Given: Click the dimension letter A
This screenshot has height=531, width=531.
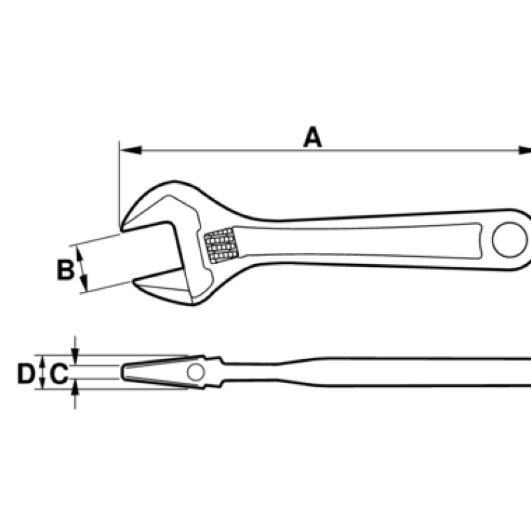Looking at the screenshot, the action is [x=312, y=137].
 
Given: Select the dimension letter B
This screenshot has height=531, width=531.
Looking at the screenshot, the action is [x=65, y=270].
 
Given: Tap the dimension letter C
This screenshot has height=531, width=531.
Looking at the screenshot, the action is [x=59, y=374].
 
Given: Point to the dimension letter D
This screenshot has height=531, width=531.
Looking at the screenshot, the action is [x=26, y=374].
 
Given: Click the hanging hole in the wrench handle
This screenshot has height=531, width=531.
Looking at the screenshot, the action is [x=510, y=240].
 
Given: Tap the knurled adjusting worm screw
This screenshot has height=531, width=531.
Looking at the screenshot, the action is [x=222, y=246].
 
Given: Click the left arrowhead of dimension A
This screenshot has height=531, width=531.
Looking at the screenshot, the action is [x=131, y=151].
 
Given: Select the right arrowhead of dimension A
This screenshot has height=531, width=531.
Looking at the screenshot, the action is [x=525, y=151].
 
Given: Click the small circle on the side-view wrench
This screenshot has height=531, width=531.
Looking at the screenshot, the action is [x=196, y=372].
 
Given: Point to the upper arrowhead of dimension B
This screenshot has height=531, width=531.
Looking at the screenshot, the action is [x=79, y=254].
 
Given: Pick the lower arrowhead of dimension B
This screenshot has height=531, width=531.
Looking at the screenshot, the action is [x=85, y=283].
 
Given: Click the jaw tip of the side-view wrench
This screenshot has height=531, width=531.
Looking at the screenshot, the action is [x=122, y=372].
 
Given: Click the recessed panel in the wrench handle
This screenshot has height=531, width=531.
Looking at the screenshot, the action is [x=358, y=241].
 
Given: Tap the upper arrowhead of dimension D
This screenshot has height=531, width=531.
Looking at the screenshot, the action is [x=42, y=361].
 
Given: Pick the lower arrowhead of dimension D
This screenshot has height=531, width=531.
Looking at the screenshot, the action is [x=42, y=384].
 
